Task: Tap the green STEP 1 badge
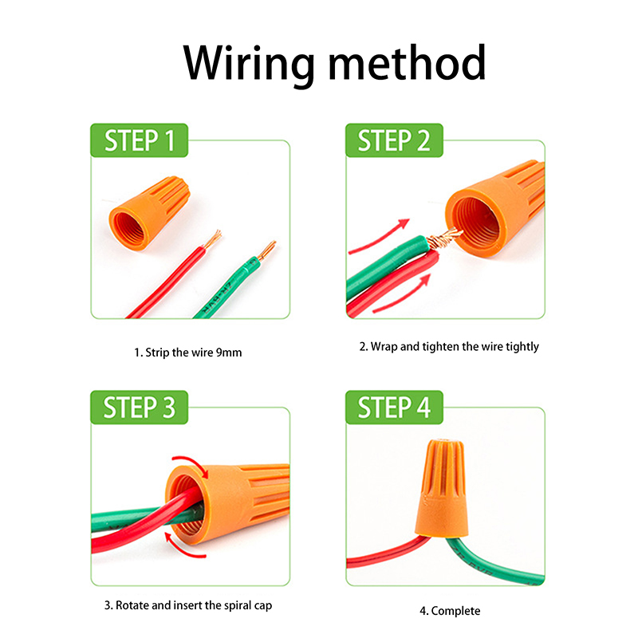pos(140,141)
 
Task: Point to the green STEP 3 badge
pos(140,408)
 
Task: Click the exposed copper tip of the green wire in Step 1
pos(266,250)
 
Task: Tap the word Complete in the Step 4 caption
pos(456,611)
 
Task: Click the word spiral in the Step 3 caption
pos(221,605)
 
